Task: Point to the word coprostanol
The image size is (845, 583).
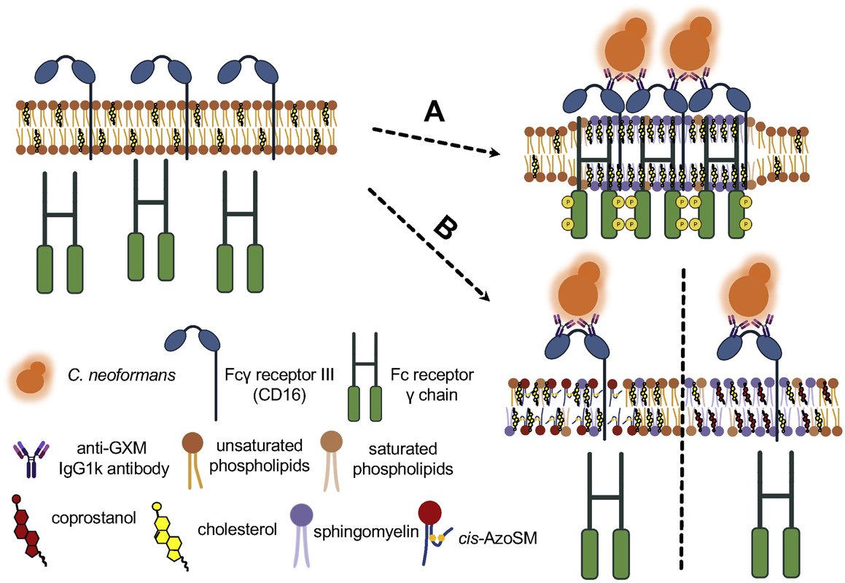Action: pos(84,519)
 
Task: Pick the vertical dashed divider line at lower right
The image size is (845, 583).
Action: pos(683,423)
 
